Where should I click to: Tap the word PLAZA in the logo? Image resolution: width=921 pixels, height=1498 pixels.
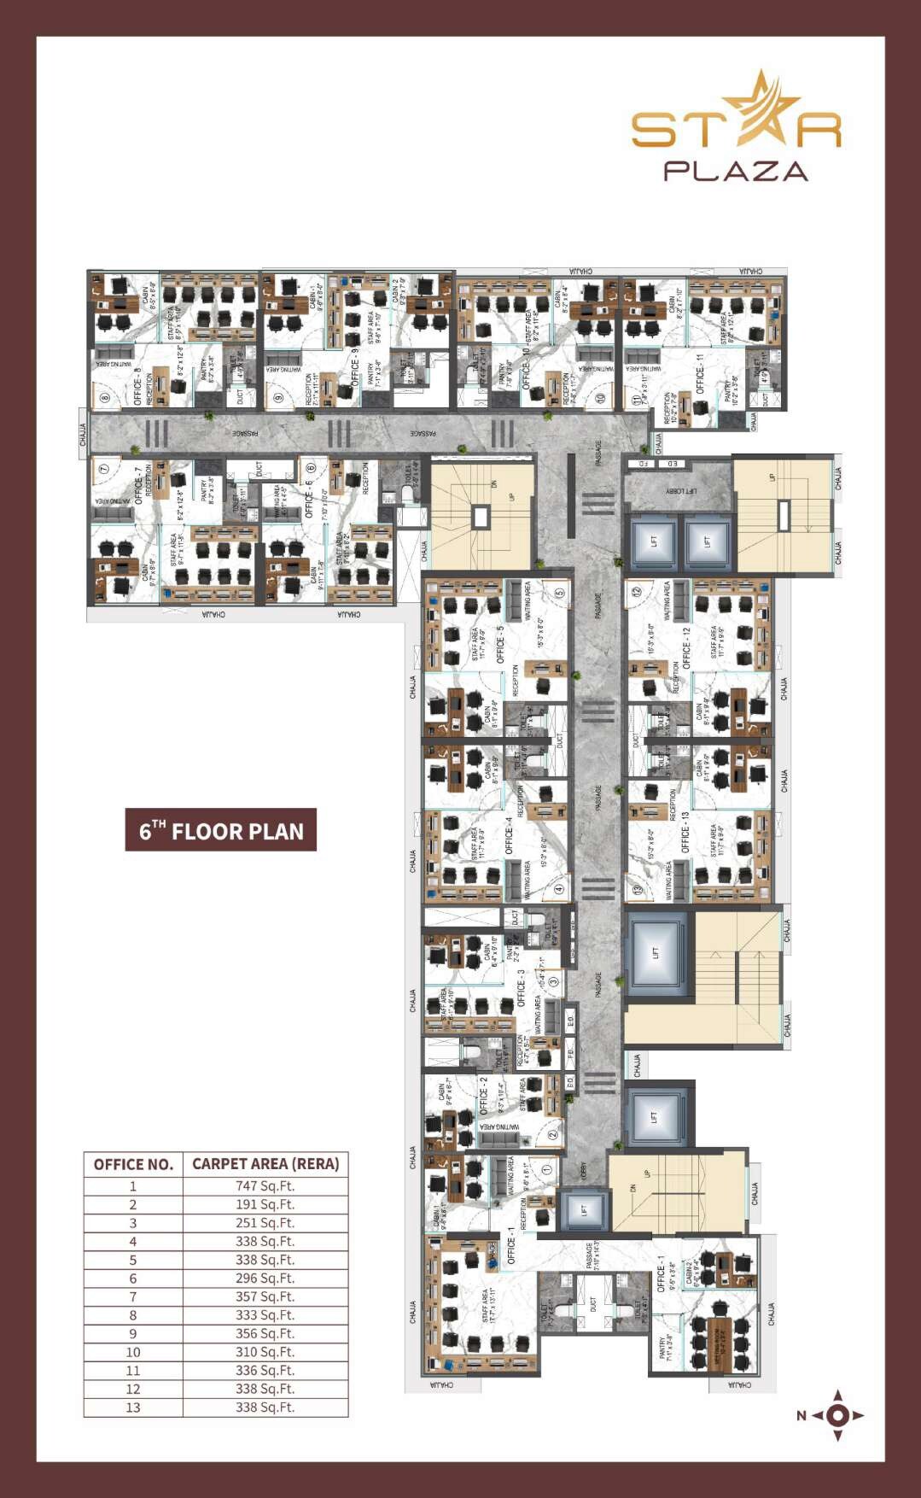pos(736,171)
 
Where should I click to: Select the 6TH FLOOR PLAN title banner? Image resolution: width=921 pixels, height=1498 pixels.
pos(221,830)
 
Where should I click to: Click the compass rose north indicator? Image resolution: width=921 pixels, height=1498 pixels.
pos(836,1415)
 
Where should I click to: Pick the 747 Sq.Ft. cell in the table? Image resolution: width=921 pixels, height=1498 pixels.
pos(265,1185)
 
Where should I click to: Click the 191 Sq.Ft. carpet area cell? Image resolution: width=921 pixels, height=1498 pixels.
pos(265,1204)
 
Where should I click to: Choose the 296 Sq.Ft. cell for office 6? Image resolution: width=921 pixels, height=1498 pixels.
pos(265,1279)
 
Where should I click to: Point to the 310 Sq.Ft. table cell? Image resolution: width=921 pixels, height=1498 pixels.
pos(265,1352)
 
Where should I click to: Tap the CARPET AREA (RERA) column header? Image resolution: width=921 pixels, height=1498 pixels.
pos(265,1163)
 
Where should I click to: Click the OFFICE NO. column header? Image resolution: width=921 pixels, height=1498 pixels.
pos(133,1164)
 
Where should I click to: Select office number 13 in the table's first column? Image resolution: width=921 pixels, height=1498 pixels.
pos(133,1407)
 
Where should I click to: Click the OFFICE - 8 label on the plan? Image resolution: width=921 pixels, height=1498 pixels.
pos(137,385)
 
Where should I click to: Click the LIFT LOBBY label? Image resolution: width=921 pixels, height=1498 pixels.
pos(681,492)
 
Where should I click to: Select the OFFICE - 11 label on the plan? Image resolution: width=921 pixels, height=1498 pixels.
pos(700,374)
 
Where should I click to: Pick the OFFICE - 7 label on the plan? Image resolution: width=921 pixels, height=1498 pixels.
pos(139,485)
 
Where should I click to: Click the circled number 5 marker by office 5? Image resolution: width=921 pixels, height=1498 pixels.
pos(560,593)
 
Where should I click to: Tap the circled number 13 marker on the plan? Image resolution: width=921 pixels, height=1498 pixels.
pos(637,890)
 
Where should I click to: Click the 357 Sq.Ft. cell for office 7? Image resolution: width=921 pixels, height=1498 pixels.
pos(265,1296)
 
